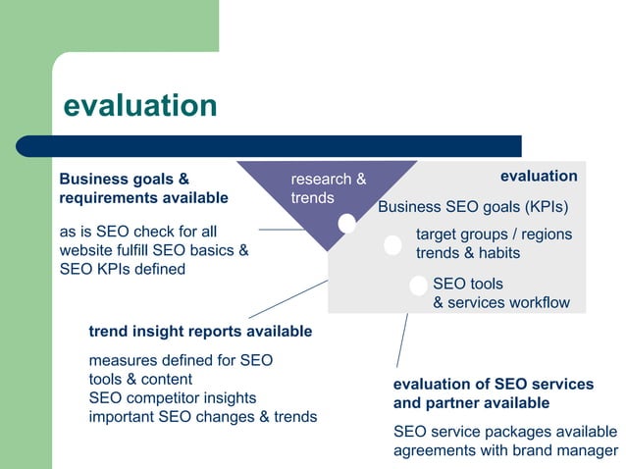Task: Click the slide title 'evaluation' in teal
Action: click(x=139, y=105)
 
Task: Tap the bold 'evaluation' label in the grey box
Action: click(x=539, y=176)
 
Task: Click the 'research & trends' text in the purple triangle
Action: click(x=328, y=188)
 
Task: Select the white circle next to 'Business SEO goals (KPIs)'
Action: click(x=346, y=224)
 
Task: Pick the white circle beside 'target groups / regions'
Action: click(x=392, y=245)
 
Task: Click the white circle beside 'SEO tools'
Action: click(x=418, y=286)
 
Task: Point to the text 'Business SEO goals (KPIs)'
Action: click(x=473, y=207)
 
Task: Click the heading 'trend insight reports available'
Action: click(x=200, y=332)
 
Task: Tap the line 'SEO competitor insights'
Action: click(x=172, y=397)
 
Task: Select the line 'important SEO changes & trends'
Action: click(x=202, y=416)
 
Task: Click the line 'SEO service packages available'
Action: click(x=505, y=432)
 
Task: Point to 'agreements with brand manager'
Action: click(x=505, y=450)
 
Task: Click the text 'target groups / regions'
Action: click(x=494, y=234)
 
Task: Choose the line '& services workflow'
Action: click(x=500, y=302)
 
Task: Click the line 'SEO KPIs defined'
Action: click(x=123, y=269)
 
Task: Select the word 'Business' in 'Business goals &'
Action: click(x=92, y=180)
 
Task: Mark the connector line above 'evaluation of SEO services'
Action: click(x=401, y=340)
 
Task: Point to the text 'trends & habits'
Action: click(x=468, y=253)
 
